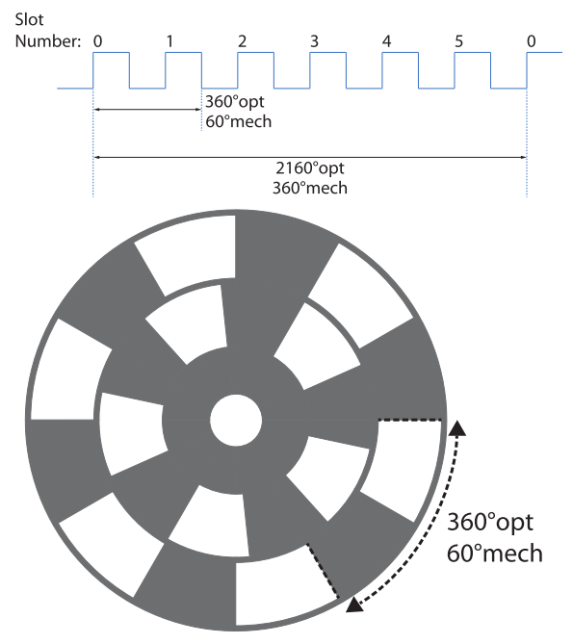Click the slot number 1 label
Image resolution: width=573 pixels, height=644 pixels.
[x=169, y=41]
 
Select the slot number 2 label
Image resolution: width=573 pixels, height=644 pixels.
[x=242, y=41]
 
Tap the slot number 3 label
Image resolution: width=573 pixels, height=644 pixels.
[x=314, y=41]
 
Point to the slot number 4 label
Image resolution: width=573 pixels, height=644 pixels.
[x=386, y=41]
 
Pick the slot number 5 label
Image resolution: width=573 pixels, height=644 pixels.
[x=458, y=41]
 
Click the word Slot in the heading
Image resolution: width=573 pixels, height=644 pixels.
[x=29, y=19]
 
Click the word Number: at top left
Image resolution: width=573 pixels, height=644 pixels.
[x=47, y=41]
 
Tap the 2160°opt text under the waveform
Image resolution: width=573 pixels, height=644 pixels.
[x=310, y=168]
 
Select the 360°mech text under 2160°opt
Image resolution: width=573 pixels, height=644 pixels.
[x=310, y=188]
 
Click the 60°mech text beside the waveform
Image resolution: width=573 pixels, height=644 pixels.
[x=238, y=121]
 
